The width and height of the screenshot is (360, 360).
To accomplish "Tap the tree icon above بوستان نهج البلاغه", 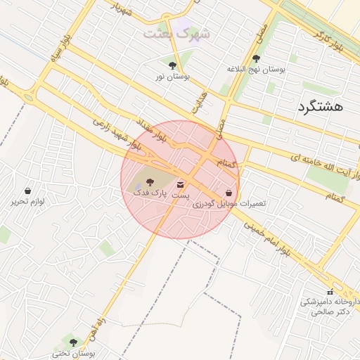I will point(255,59).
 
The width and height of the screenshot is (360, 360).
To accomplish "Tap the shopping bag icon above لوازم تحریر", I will point(27,191).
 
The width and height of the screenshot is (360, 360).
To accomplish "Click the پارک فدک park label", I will point(147,192).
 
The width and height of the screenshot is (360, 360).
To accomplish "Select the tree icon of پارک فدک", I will point(148,181).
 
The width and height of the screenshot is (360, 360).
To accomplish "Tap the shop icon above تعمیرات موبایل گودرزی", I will point(230,192).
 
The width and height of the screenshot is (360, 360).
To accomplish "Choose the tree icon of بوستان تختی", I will point(73,342).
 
